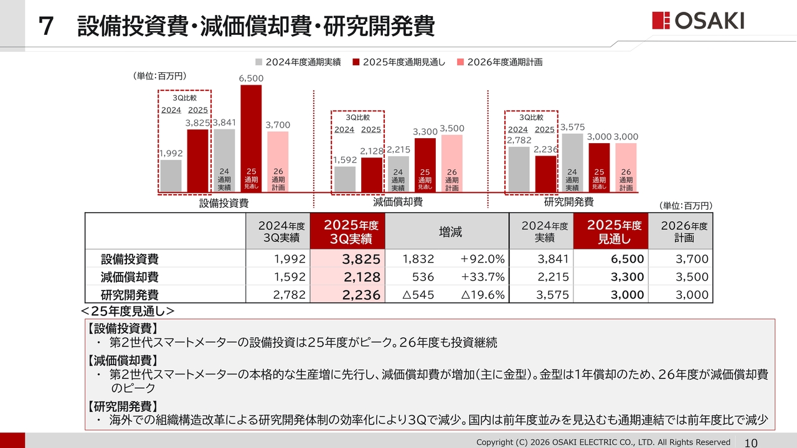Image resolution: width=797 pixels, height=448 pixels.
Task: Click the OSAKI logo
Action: (698, 21)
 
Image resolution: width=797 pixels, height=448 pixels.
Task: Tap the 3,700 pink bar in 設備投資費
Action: (278, 161)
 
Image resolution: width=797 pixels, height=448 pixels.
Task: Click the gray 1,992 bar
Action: (171, 175)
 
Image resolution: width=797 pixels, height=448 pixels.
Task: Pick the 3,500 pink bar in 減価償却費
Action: (452, 163)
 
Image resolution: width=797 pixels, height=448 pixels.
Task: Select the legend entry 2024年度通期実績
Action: (297, 62)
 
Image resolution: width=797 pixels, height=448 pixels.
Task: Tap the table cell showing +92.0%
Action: (483, 259)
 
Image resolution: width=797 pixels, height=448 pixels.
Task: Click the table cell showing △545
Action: (418, 295)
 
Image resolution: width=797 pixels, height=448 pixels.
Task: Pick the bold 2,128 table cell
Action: (348, 278)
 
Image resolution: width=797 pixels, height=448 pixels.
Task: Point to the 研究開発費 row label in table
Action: (130, 295)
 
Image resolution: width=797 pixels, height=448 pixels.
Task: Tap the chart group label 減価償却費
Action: (398, 202)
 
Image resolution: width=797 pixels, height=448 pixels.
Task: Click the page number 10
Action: (751, 443)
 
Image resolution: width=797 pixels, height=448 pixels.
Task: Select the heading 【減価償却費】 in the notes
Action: (122, 360)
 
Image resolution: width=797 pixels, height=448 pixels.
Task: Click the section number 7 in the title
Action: (45, 27)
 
